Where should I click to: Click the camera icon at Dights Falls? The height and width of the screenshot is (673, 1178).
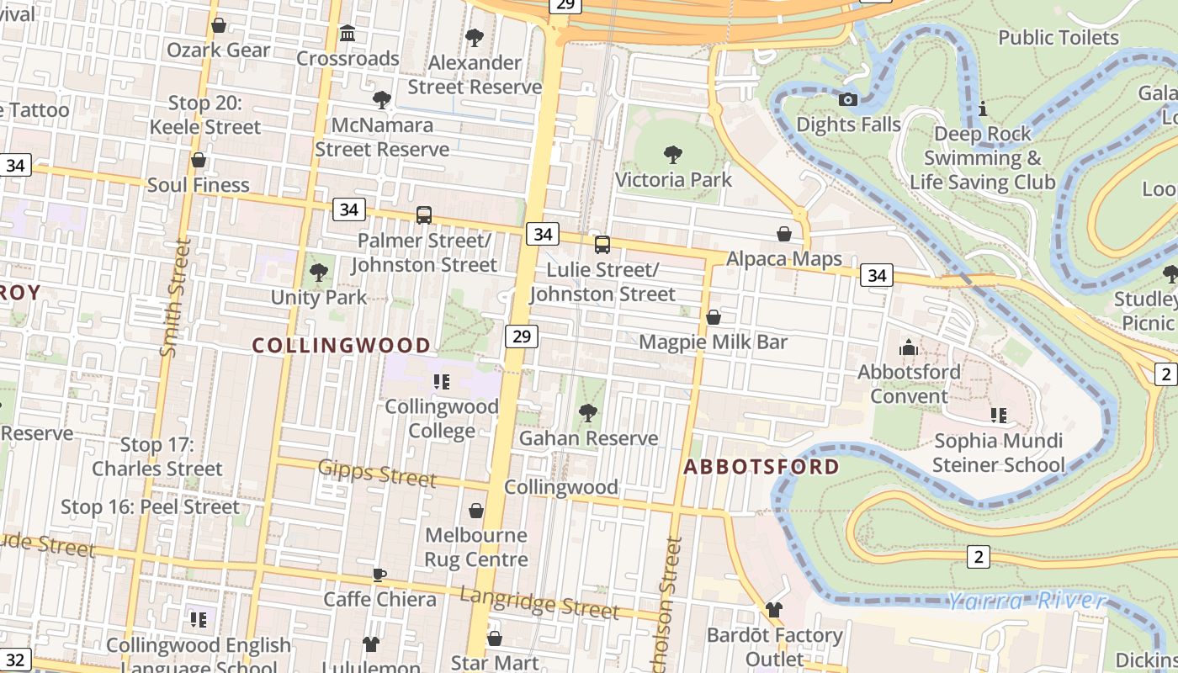848,100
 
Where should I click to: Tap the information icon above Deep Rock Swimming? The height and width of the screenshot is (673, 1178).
982,109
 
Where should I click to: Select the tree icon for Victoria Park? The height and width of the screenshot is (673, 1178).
672,155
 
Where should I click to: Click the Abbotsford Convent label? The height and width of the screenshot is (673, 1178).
909,384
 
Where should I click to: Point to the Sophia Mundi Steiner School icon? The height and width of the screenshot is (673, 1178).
999,415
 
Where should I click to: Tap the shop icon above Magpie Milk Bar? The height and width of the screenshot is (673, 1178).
714,317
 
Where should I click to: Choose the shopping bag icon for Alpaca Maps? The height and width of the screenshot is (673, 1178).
784,234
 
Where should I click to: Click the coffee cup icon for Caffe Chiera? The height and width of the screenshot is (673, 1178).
379,575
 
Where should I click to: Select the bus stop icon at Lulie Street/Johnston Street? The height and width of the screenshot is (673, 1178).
602,245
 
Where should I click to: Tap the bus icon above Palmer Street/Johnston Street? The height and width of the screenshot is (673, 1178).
424,215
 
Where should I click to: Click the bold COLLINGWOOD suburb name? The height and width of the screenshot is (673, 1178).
342,345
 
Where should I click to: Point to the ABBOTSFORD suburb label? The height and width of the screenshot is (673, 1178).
761,467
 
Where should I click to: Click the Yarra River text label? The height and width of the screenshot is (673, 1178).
1026,600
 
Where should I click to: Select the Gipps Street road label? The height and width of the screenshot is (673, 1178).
377,474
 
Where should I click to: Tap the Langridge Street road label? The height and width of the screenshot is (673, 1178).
539,602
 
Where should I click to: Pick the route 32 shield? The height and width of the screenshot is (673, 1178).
15,660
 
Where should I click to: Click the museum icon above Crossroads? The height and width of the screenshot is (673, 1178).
348,34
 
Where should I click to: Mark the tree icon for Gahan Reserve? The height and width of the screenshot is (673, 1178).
588,413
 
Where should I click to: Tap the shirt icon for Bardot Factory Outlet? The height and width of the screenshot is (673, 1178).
774,610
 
